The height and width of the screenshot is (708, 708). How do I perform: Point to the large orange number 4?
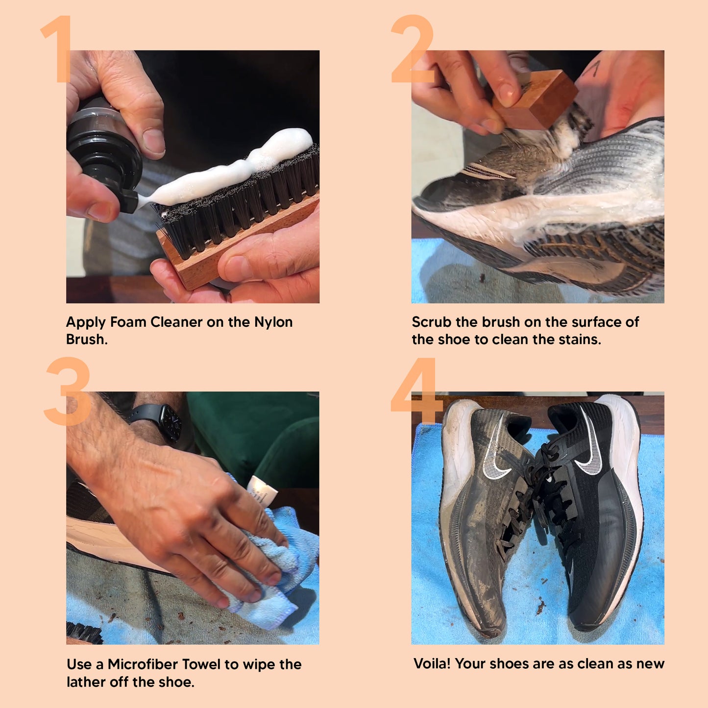coord(416,390)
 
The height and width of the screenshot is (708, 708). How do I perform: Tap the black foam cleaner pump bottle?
coord(105,154)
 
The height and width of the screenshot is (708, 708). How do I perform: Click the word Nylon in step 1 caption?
coord(273,322)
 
